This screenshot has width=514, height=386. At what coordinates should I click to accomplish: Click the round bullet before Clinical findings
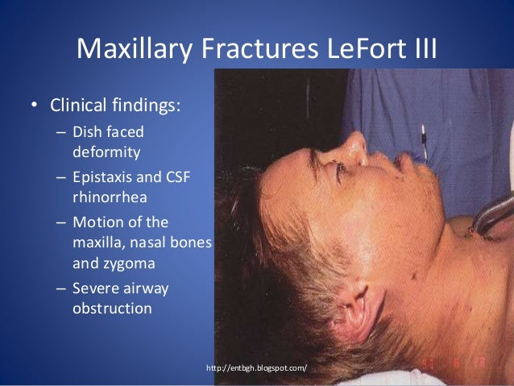coord(32,106)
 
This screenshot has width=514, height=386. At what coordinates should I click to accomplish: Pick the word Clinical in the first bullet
coord(79,106)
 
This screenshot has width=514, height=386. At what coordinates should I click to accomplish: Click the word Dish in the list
coord(87,133)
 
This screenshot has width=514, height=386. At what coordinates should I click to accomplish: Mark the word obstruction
coord(111,307)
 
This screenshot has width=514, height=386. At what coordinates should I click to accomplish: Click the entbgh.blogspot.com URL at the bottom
coord(257,368)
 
